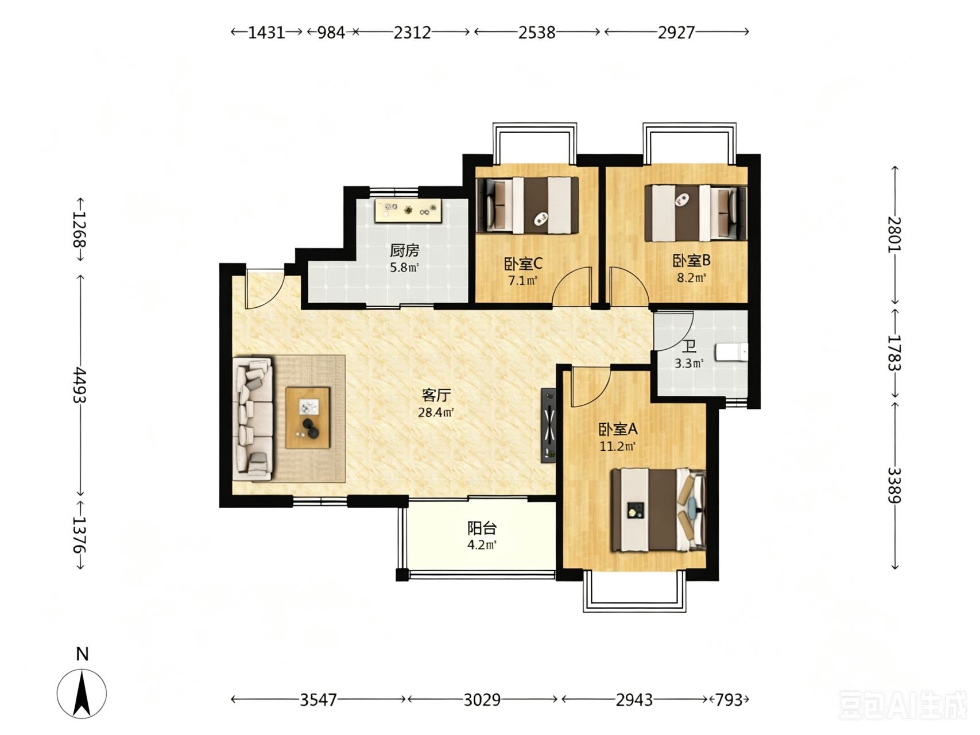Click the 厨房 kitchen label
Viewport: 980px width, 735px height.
tap(405, 250)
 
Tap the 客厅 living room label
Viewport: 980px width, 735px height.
tap(436, 395)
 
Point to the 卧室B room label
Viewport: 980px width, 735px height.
tap(692, 261)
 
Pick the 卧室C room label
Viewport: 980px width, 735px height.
tap(524, 264)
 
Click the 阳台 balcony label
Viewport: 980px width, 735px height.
tap(482, 528)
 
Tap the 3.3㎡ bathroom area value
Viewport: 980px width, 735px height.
tap(689, 363)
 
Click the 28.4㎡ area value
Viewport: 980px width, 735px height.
tap(436, 412)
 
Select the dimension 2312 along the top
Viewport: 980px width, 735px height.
tap(412, 32)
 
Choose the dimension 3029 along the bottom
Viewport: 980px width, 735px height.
tap(482, 699)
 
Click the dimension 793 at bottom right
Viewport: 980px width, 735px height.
tap(729, 699)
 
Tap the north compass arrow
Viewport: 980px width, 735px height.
tap(82, 694)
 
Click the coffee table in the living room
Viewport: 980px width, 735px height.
tap(308, 418)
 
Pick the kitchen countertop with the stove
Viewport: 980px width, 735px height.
tap(408, 210)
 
